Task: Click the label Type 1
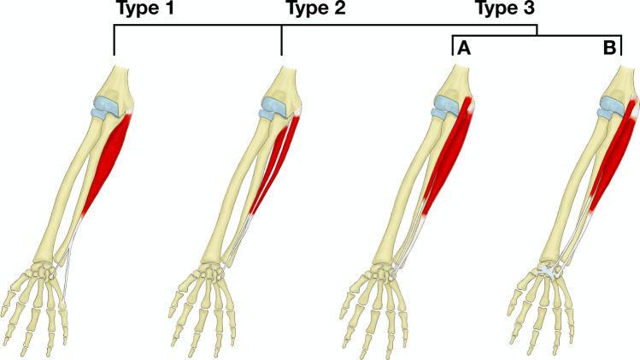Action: tap(148, 11)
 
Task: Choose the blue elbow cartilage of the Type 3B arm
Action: tap(608, 106)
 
